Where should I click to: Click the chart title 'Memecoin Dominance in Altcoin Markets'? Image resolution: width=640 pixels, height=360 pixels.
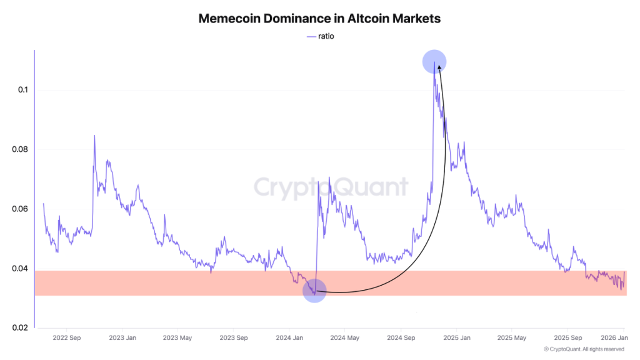319,19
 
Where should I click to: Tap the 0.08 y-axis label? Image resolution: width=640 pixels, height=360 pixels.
20,150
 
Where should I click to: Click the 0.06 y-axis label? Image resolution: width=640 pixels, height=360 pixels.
20,209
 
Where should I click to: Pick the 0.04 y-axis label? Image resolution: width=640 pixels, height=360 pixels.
20,269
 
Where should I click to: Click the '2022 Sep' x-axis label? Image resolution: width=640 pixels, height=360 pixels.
67,338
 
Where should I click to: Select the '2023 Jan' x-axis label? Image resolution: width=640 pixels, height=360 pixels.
122,338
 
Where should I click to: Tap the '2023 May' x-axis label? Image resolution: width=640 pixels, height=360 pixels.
177,338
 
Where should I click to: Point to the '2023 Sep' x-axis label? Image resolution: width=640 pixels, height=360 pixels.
232,338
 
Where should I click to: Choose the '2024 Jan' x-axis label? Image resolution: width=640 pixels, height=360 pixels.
290,338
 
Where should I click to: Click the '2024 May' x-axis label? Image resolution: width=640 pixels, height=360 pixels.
344,338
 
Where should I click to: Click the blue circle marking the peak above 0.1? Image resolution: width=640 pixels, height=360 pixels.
434,61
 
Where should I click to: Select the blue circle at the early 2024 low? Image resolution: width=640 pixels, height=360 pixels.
314,291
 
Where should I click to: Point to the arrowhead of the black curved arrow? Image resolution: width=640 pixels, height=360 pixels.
439,62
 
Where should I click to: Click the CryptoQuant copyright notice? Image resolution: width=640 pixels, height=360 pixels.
584,349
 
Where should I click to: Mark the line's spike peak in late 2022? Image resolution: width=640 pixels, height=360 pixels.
94,136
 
